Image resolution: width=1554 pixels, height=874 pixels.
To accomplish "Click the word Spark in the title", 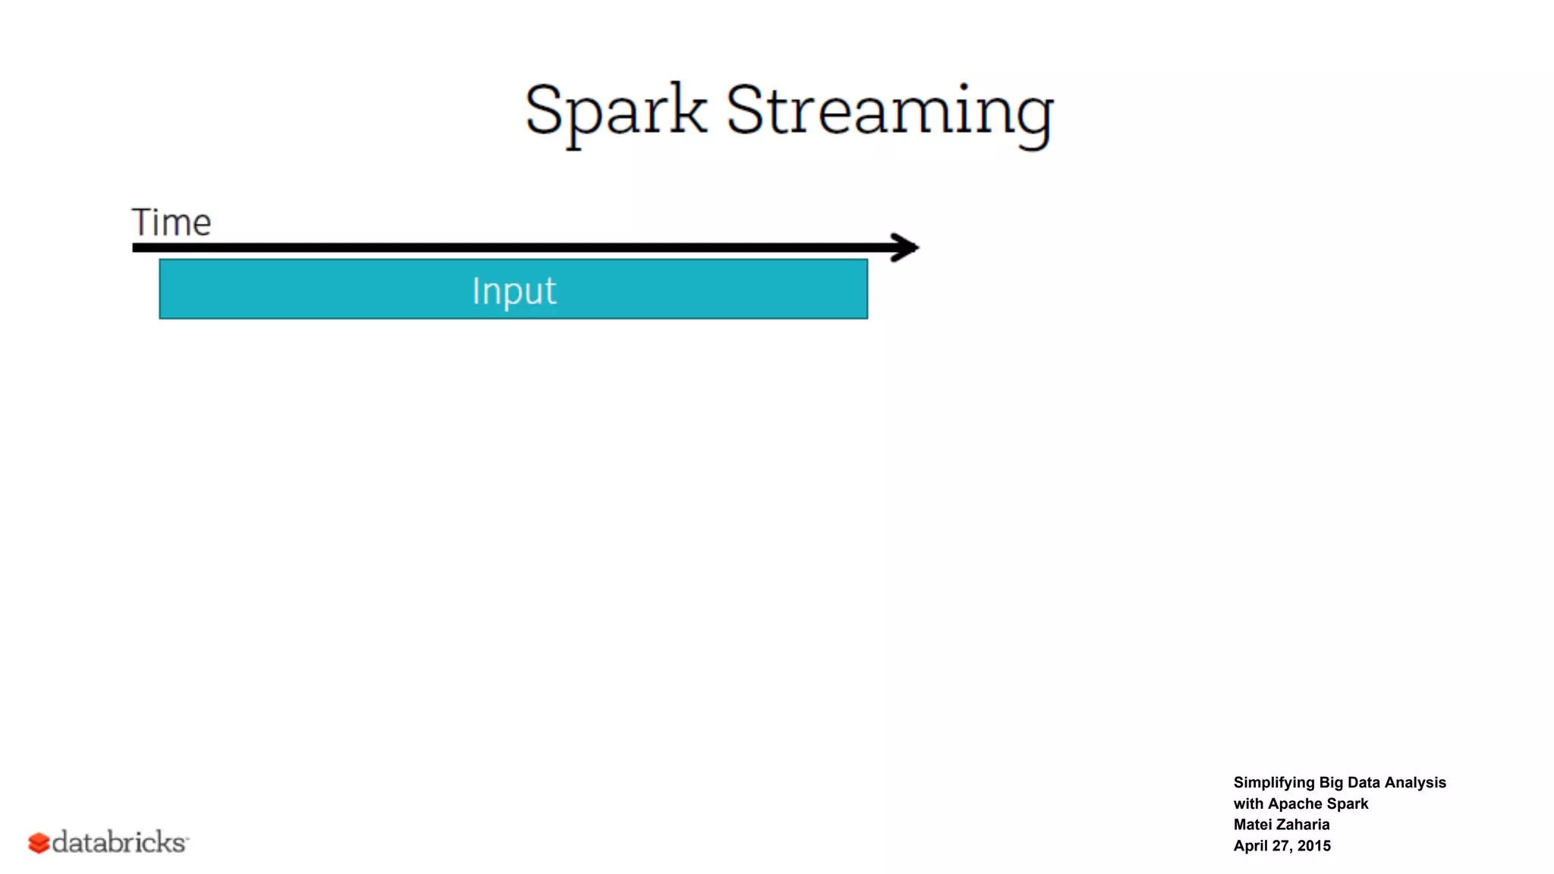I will coord(615,112).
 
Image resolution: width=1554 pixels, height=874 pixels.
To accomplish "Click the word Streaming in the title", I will coord(889,112).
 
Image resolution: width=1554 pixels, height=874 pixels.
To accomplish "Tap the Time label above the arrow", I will coord(171,222).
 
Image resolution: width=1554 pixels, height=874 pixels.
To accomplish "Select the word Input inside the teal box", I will coord(514,291).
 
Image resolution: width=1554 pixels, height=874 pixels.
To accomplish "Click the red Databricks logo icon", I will coord(39,843).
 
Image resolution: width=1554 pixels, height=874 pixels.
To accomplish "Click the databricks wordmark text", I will coord(119,842).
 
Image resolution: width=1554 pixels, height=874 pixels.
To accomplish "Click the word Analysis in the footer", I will coord(1415,782).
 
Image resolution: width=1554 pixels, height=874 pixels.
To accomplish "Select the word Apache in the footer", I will coord(1295,803).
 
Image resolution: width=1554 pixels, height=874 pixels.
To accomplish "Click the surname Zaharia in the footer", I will coord(1303,825).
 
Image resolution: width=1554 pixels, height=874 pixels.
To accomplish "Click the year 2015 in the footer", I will coord(1314,846).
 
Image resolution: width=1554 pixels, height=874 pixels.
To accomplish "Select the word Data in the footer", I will coord(1364,782).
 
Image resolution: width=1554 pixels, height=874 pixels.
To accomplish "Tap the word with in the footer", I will coord(1248,803).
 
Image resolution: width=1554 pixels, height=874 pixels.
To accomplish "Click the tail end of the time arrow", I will coord(137,247).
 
